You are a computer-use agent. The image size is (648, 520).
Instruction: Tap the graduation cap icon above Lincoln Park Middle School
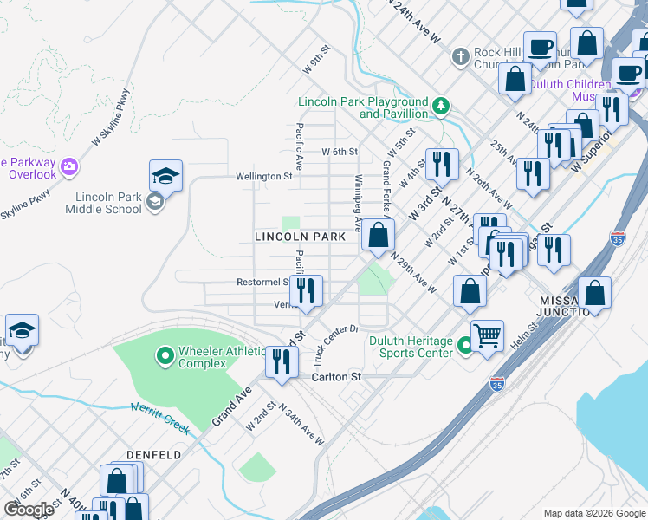point(166,176)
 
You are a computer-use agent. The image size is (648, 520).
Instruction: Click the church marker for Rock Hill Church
point(461,57)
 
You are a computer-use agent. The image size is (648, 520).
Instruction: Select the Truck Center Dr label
point(336,345)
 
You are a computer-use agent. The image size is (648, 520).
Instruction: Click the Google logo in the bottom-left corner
point(29,510)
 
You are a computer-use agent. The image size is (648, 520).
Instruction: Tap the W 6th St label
point(340,152)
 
